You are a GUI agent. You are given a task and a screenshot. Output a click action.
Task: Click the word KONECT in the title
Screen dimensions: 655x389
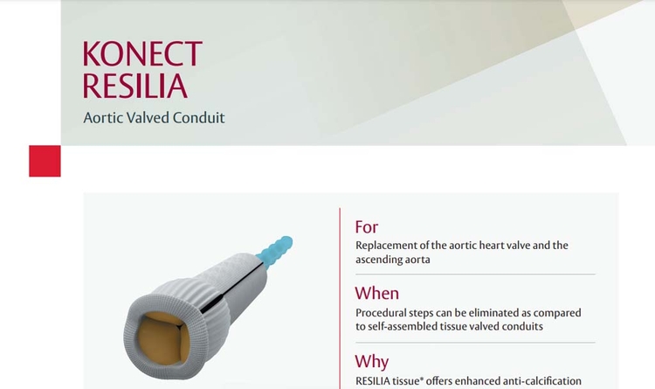pyautogui.click(x=142, y=53)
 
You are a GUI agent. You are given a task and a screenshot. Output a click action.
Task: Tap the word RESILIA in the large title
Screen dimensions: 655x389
pyautogui.click(x=134, y=86)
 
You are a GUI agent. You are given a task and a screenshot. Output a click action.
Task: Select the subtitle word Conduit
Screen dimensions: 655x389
pyautogui.click(x=199, y=117)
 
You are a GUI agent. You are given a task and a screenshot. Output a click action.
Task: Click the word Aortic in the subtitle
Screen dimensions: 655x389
pyautogui.click(x=103, y=117)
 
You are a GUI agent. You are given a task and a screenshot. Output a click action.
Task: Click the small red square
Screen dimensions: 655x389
pyautogui.click(x=45, y=161)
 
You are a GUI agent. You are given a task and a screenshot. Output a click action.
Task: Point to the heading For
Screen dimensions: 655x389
pyautogui.click(x=366, y=227)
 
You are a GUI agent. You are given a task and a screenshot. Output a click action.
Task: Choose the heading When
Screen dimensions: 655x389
pyautogui.click(x=376, y=293)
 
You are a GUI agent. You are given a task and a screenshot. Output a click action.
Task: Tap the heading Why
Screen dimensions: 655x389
pyautogui.click(x=372, y=362)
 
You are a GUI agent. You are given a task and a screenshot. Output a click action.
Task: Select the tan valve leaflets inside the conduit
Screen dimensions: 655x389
pyautogui.click(x=162, y=338)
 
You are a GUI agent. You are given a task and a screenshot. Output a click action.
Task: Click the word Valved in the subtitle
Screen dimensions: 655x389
pyautogui.click(x=148, y=117)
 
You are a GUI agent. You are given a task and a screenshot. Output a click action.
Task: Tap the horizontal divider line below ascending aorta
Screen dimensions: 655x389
pyautogui.click(x=475, y=274)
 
